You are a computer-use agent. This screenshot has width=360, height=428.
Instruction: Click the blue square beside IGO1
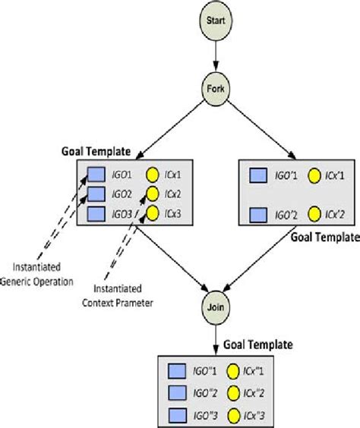(96, 174)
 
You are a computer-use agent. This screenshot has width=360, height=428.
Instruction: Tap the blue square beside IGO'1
(260, 175)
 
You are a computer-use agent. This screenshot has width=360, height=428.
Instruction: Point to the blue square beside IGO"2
(176, 392)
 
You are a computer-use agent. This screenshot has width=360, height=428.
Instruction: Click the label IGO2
(122, 194)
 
